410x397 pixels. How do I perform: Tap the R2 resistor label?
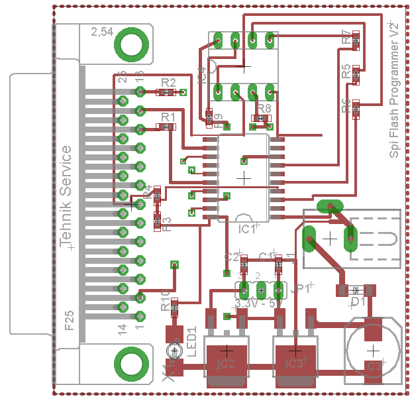[168, 82]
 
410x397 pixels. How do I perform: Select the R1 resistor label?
[168, 117]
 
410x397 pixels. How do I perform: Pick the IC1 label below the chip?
[246, 229]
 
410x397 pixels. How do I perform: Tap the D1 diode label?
[358, 302]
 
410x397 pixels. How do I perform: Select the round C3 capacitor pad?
[373, 350]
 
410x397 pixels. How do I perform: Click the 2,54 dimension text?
[101, 32]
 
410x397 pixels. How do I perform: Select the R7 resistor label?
[346, 37]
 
